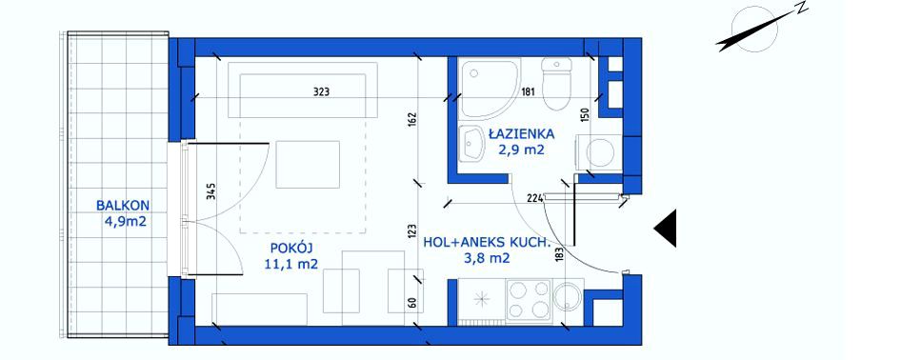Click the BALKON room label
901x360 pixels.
[x=123, y=205]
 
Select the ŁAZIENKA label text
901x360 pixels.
[x=521, y=135]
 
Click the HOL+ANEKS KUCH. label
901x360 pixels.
[x=484, y=243]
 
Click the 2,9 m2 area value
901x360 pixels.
[x=521, y=151]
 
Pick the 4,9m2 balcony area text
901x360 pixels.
[x=126, y=222]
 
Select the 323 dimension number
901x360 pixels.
[x=322, y=91]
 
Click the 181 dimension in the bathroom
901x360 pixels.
[x=528, y=91]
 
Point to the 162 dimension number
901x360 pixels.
[x=413, y=120]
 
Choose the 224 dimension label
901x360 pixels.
[x=535, y=199]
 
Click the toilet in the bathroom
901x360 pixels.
[x=557, y=85]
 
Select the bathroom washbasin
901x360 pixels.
[x=474, y=144]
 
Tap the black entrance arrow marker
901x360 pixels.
[x=666, y=228]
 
